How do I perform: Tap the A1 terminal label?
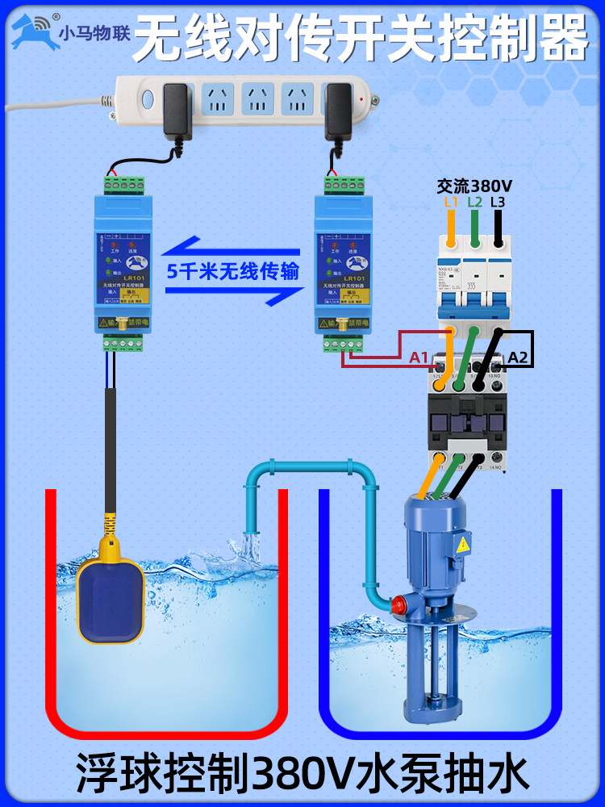pyautogui.click(x=419, y=357)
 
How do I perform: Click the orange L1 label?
pyautogui.click(x=451, y=202)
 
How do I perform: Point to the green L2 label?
pyautogui.click(x=474, y=202)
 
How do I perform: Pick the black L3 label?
pyautogui.click(x=498, y=202)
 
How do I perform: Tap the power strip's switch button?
pyautogui.click(x=147, y=101)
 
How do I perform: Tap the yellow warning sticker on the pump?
pyautogui.click(x=463, y=546)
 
